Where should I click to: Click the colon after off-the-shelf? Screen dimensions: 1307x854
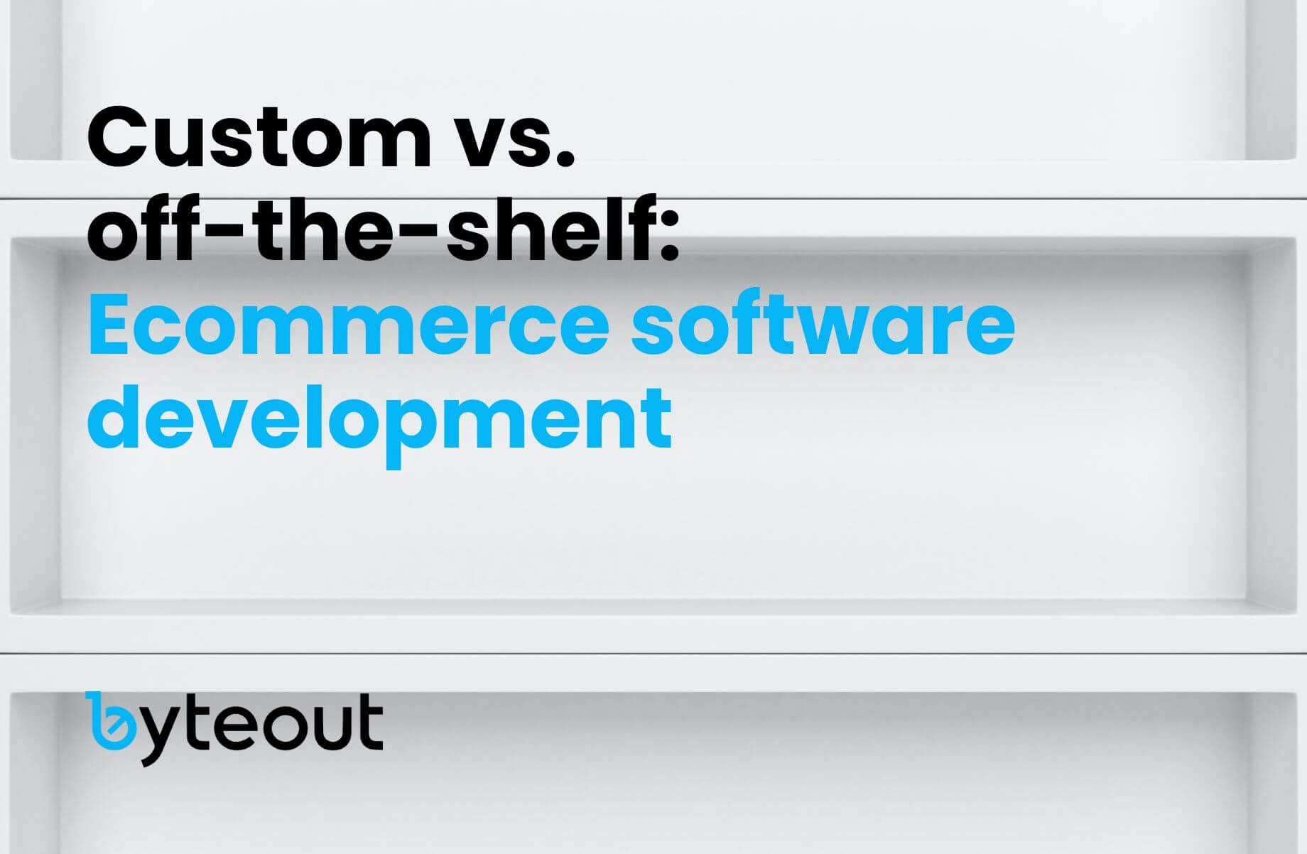click(670, 235)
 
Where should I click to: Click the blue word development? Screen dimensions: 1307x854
click(379, 419)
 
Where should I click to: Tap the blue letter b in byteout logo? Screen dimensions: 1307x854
click(112, 720)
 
